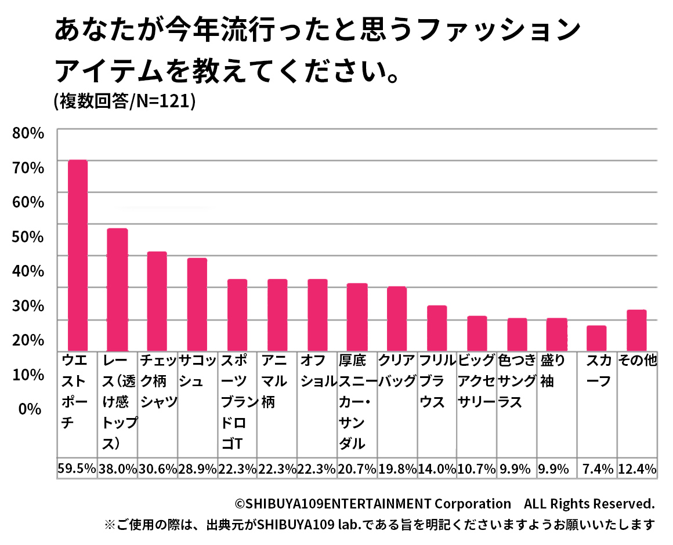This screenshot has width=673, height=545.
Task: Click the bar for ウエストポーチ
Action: pos(78,255)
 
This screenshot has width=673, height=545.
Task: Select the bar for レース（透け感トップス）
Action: pos(117,289)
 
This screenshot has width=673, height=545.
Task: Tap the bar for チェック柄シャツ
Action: pos(157,301)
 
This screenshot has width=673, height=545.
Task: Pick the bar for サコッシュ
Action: pos(197,304)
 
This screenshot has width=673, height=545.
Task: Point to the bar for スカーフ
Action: pos(596,338)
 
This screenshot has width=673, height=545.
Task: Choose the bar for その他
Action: pos(636,330)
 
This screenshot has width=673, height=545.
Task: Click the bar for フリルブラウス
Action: pos(437,328)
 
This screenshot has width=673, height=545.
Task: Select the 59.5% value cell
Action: pos(77,469)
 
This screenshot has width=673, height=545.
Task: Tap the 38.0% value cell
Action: pos(118,469)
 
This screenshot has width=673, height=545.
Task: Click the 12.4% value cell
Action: pos(637,469)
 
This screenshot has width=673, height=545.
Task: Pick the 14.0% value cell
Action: pos(437,469)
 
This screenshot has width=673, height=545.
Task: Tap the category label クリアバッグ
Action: pos(397,371)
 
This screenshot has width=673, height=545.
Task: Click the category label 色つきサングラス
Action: pos(517,381)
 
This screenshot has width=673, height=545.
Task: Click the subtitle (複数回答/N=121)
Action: pos(124,101)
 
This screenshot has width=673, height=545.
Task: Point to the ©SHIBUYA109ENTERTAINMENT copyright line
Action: pos(444,503)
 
